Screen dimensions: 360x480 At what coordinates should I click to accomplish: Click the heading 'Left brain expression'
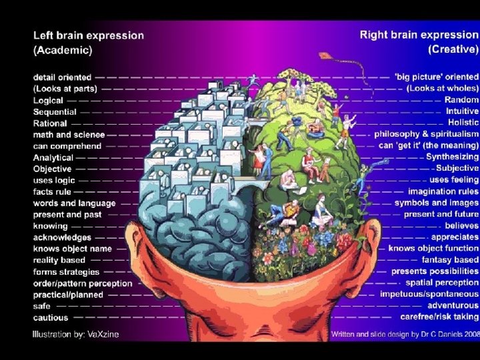coord(89,35)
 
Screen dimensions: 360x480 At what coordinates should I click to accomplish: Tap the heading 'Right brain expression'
coord(419,35)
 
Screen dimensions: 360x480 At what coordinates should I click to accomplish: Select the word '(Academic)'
coord(63,50)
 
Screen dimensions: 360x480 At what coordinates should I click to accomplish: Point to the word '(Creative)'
coord(453,49)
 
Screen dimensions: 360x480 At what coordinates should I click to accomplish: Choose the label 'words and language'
coord(74,203)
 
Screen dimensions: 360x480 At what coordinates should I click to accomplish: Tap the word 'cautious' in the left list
coord(51,318)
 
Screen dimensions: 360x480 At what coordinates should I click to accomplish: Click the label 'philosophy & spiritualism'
coord(426,134)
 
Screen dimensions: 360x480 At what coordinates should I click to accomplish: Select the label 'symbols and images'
coord(436,203)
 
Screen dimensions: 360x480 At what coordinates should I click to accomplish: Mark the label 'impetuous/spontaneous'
coord(429,294)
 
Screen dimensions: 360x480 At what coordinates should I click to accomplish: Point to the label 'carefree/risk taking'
coord(439,317)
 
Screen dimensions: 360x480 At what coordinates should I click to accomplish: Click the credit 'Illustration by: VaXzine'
coord(75,334)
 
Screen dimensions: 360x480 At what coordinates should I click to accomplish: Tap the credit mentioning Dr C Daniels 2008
coord(405,333)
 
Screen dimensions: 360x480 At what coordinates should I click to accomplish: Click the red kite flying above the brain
coord(326,57)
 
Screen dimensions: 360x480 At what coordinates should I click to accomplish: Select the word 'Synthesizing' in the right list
coord(452,157)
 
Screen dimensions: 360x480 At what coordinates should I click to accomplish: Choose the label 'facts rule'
coord(52,192)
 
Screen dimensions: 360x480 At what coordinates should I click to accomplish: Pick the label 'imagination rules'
coord(443,191)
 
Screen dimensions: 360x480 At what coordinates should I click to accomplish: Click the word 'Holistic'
coord(463,123)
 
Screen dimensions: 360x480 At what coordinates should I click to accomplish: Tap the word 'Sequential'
coord(55,112)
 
